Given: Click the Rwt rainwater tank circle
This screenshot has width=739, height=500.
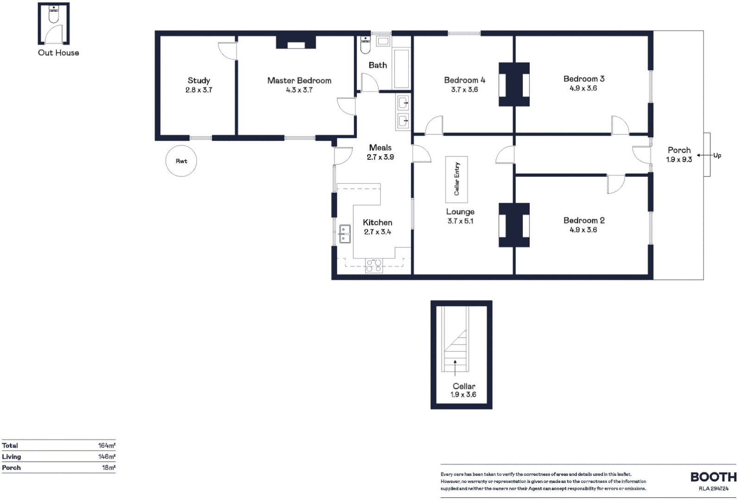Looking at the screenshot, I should pyautogui.click(x=181, y=161).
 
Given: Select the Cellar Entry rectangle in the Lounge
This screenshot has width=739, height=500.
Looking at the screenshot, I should pyautogui.click(x=456, y=179).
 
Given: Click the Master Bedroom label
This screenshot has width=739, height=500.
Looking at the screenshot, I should pyautogui.click(x=299, y=81).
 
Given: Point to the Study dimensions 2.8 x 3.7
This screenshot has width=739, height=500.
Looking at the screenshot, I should pyautogui.click(x=199, y=90).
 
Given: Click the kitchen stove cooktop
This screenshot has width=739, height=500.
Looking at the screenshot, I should pyautogui.click(x=374, y=265).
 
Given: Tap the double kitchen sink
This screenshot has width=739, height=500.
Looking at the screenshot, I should pyautogui.click(x=344, y=234).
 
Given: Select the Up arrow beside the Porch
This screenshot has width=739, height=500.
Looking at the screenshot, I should pyautogui.click(x=704, y=156).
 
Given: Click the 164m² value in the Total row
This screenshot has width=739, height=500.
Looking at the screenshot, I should pyautogui.click(x=106, y=445).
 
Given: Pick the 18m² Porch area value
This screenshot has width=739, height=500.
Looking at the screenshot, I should pyautogui.click(x=108, y=468).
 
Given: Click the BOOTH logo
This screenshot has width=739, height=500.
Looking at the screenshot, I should pyautogui.click(x=713, y=477).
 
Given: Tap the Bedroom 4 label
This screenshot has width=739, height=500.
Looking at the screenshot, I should pyautogui.click(x=464, y=80).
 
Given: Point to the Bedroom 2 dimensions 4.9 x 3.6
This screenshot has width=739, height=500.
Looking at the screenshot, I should pyautogui.click(x=583, y=230).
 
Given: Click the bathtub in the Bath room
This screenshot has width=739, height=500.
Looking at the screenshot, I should pyautogui.click(x=401, y=68).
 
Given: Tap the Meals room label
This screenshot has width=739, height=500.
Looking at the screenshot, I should pyautogui.click(x=380, y=148).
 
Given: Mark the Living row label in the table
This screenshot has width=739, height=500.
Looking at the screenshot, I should pyautogui.click(x=12, y=456).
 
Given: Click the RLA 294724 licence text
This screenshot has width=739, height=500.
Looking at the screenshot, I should pyautogui.click(x=714, y=488).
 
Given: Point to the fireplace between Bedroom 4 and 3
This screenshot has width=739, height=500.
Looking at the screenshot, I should pyautogui.click(x=514, y=85).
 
